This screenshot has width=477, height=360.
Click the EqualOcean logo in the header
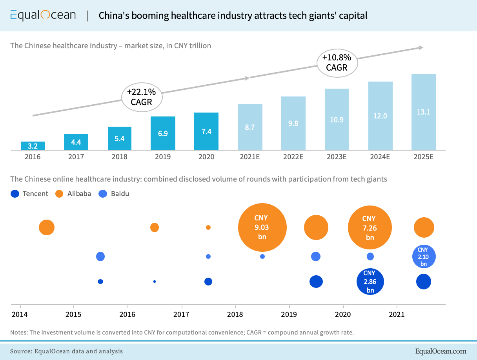tap(43, 15)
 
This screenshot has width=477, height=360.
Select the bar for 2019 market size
tap(163, 133)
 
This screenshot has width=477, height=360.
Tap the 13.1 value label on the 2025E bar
tap(424, 112)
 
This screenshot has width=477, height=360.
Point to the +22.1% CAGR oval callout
tap(142, 97)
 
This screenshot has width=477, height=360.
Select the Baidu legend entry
tap(115, 193)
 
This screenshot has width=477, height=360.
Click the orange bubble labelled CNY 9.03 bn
tap(262, 227)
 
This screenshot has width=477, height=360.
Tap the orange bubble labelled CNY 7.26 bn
tap(370, 228)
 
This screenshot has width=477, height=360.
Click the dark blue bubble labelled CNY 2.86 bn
tap(370, 282)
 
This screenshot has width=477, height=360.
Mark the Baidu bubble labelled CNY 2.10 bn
tap(424, 257)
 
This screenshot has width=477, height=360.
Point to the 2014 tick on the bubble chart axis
tap(20, 314)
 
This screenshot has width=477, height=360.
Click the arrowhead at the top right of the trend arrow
tap(421, 47)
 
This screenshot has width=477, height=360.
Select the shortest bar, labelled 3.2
tap(33, 146)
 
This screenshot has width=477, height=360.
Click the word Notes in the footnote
tap(18, 333)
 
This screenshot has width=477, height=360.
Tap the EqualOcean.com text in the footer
tap(441, 351)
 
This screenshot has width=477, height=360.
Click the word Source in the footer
tap(20, 351)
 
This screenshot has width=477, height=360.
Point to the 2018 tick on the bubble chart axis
tap(235, 314)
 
